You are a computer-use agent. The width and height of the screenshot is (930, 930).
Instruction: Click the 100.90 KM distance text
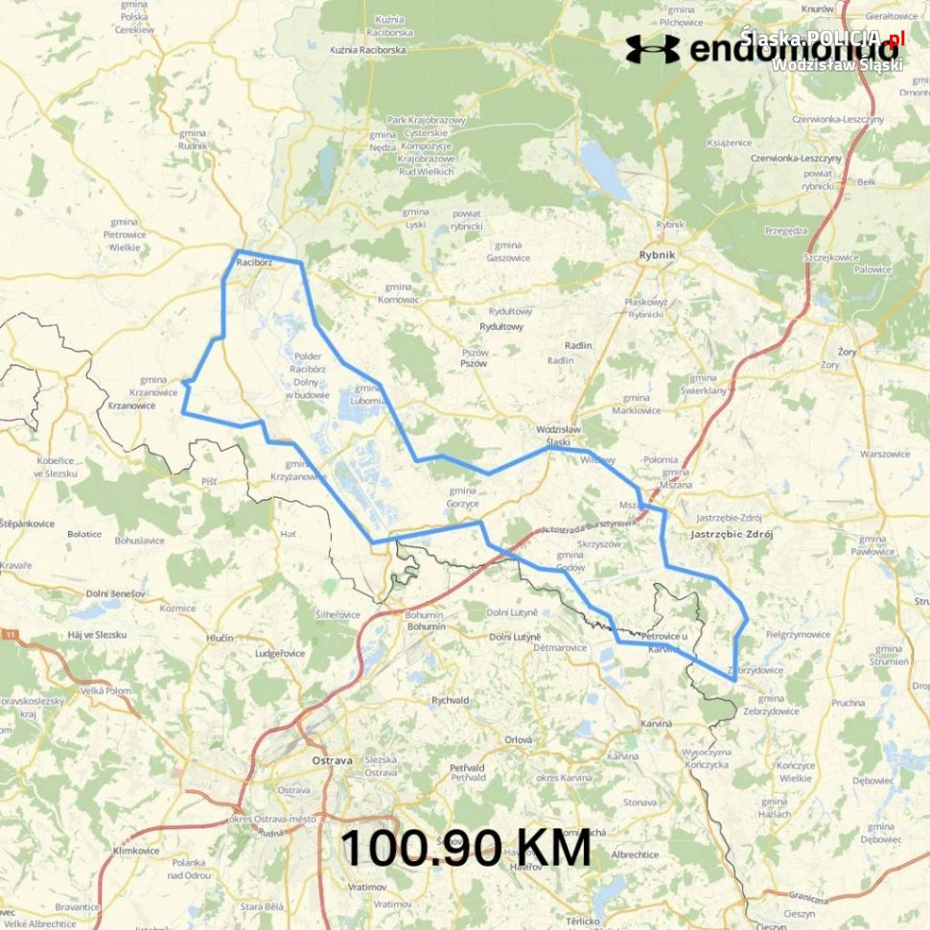pos(465,849)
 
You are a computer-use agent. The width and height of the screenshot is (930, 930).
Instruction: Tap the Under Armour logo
pos(652,49)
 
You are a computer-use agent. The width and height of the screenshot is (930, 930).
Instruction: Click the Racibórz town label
pos(254,261)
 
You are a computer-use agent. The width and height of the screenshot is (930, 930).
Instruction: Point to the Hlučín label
pos(220,638)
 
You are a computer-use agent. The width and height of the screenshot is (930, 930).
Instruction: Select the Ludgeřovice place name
pos(279,653)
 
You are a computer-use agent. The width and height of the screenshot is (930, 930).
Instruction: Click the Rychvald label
pos(450,700)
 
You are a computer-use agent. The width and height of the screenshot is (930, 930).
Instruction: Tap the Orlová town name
pos(519,739)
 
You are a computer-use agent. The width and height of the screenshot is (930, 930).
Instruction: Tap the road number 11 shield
pos(11,634)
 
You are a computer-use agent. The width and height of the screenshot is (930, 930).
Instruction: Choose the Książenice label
pos(729,142)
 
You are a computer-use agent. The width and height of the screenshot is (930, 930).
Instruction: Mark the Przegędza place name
pos(787,231)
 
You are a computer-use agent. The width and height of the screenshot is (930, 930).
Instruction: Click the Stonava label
pos(639,802)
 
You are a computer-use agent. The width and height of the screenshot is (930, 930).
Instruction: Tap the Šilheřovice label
pos(337,615)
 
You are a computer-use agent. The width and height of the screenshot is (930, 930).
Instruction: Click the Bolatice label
pos(85,534)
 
